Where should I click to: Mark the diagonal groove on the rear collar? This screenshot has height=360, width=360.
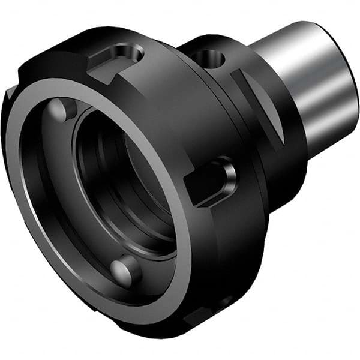258,105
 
